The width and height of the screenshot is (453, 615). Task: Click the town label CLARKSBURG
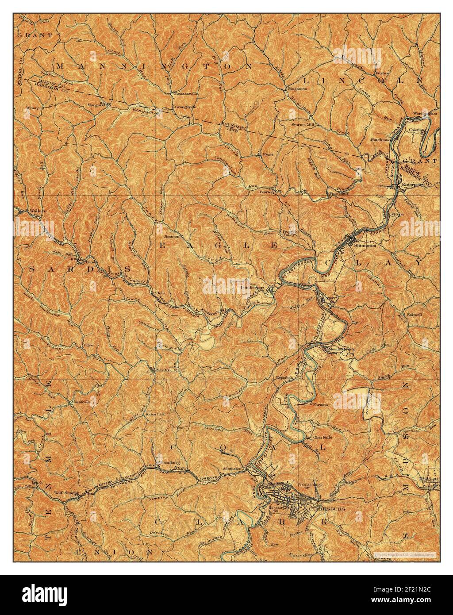point(328,509)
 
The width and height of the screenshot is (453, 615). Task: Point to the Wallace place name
point(38,211)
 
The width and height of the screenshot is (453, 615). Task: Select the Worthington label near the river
point(426,113)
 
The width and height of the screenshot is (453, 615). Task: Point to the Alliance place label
point(34,108)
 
